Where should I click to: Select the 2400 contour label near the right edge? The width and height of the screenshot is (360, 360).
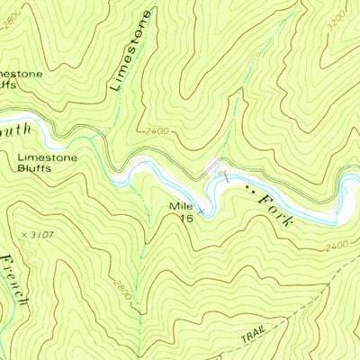(x=336, y=245)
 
